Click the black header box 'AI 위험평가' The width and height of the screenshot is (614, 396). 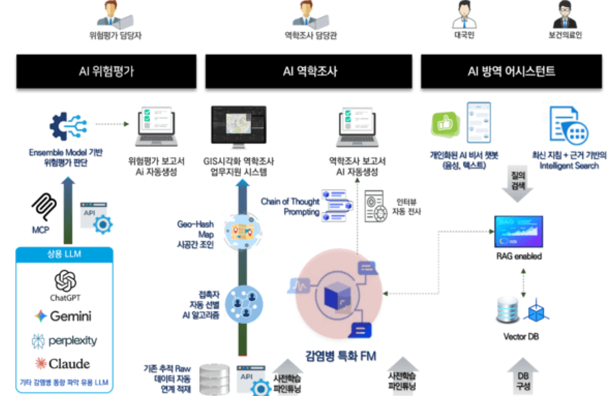tap(106, 71)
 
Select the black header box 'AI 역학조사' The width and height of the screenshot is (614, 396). tap(309, 71)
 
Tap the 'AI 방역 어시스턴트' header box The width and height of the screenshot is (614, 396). tap(511, 71)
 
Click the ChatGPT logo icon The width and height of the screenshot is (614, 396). tap(65, 281)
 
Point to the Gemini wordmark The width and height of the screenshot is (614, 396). tap(70, 316)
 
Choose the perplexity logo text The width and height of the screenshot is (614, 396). tap(72, 341)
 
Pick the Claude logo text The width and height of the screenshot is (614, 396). tap(69, 364)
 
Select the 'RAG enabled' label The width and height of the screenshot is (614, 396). tap(519, 256)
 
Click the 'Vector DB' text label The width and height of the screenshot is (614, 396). tap(521, 336)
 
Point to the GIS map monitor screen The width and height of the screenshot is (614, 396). tap(239, 124)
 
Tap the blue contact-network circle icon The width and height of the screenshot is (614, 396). tap(244, 304)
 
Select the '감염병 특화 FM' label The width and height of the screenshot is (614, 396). tap(341, 356)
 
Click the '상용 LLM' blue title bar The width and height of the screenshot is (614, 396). tap(64, 254)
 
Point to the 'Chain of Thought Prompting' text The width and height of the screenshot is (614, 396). tap(290, 206)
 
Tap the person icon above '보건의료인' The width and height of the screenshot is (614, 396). tap(565, 15)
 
